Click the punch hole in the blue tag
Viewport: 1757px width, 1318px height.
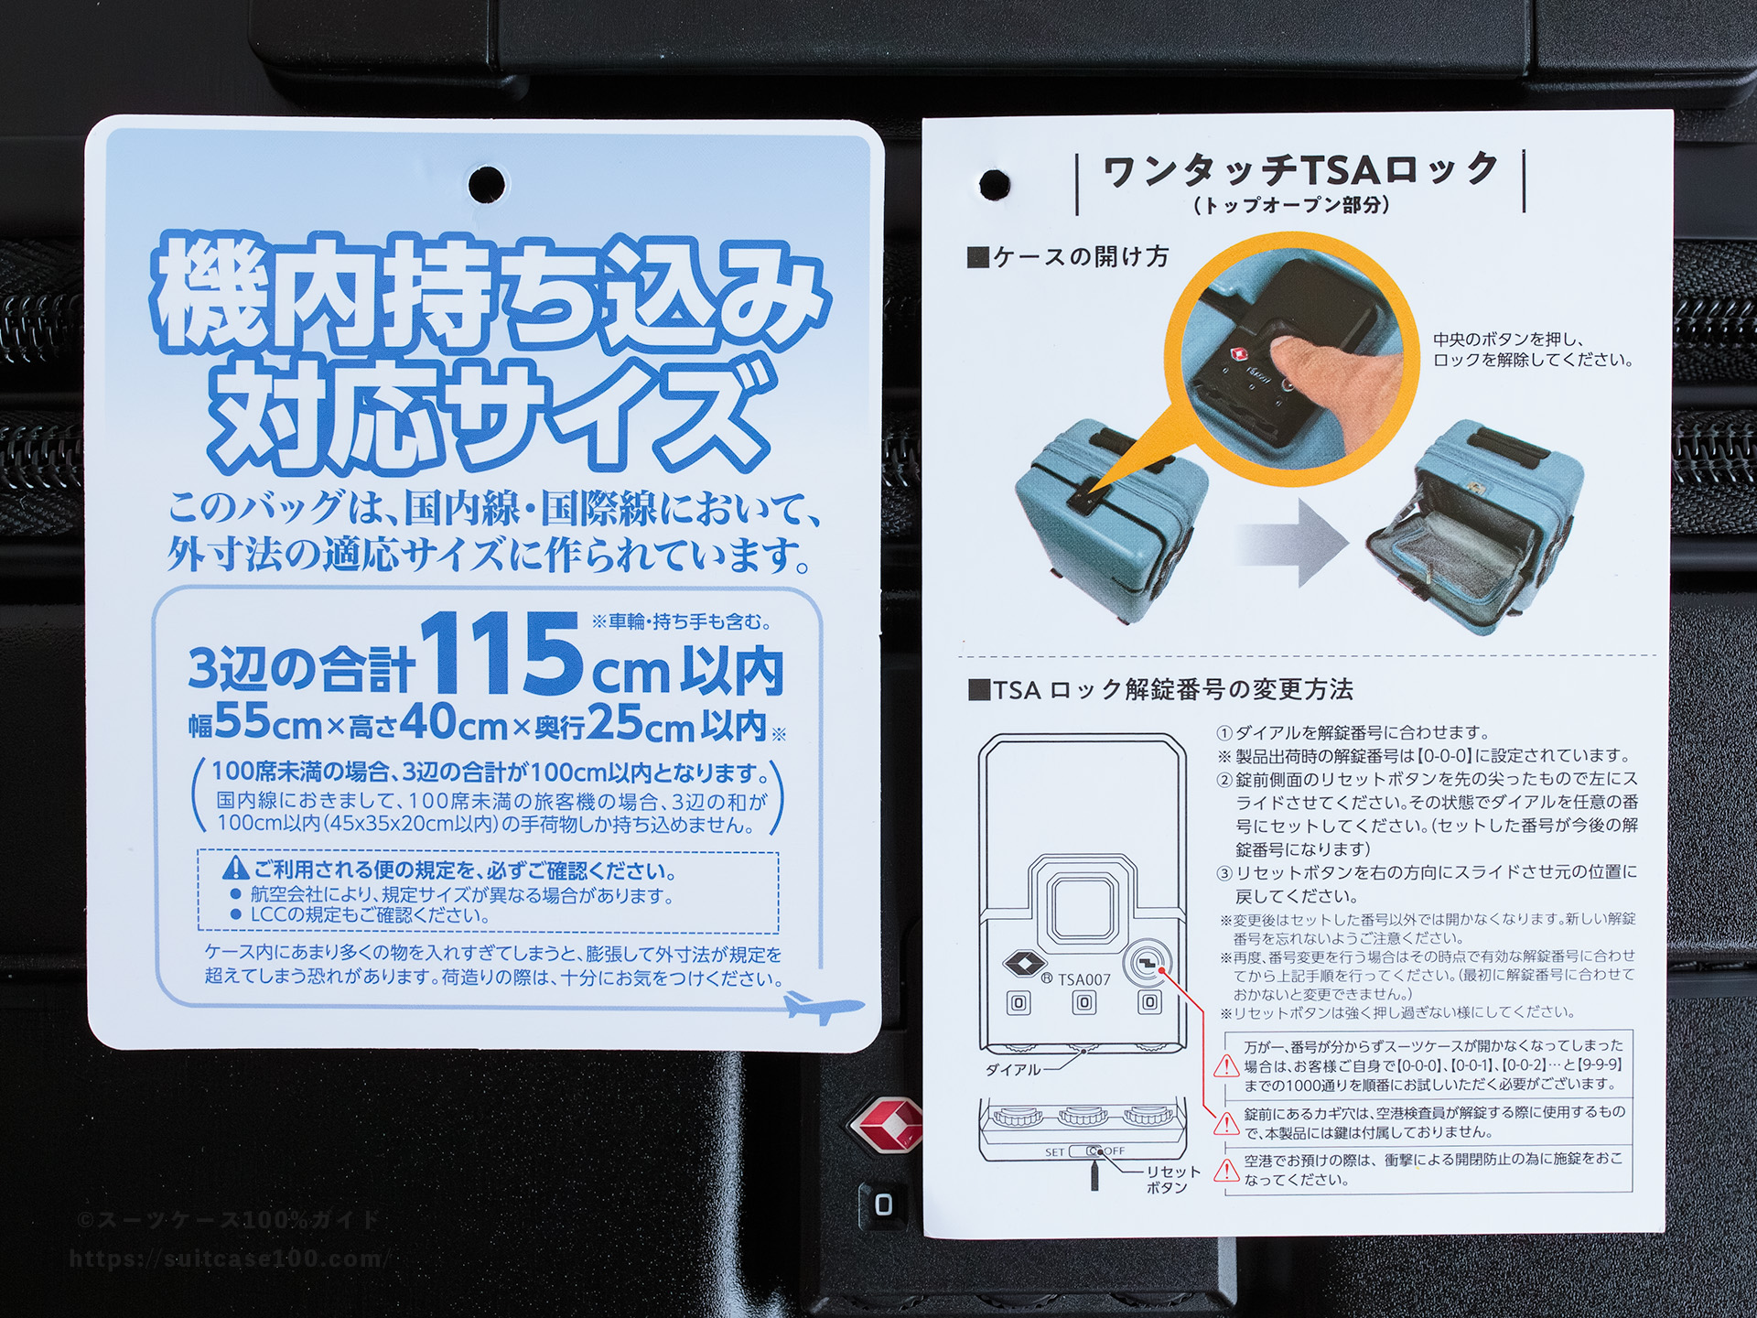pos(487,183)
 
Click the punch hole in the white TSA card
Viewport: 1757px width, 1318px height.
pos(995,185)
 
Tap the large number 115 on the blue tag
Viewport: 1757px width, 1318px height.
pos(501,654)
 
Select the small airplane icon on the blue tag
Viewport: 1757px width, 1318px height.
pos(823,1007)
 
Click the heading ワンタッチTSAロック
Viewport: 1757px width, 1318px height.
pos(1299,170)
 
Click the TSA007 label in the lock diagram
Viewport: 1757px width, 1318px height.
pos(1084,979)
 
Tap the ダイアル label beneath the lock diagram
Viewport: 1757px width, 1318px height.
pos(1013,1069)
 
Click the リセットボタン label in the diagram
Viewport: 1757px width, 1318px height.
pos(1172,1179)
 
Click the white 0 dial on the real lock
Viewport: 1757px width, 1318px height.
pos(883,1205)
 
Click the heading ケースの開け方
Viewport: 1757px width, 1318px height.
pos(1068,257)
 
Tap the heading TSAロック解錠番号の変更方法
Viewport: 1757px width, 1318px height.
pos(1160,690)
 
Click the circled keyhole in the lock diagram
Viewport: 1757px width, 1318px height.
pos(1148,963)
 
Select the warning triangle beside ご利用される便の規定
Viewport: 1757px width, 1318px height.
pos(236,868)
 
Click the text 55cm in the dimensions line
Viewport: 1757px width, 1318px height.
pos(268,724)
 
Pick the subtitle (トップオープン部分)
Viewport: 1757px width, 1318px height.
pos(1292,205)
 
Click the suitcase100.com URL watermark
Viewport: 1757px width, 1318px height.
pos(229,1259)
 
